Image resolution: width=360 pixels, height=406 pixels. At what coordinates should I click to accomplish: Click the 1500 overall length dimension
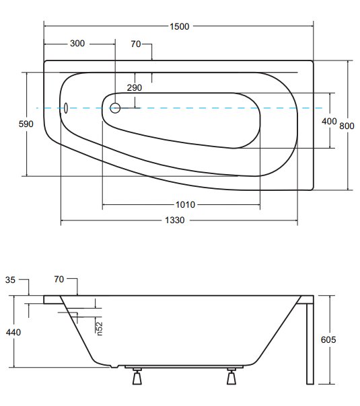tap(180, 26)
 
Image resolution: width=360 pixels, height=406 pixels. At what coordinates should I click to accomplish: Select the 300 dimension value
tap(77, 43)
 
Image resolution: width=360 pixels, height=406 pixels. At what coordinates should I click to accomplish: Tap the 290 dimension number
tap(135, 88)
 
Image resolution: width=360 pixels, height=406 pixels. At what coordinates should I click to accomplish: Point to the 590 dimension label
tap(26, 124)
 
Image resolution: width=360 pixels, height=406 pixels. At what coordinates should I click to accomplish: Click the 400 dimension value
tap(329, 121)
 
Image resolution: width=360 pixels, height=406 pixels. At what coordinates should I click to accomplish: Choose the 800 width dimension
tap(347, 126)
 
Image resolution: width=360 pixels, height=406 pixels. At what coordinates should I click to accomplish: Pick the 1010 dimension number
tap(185, 205)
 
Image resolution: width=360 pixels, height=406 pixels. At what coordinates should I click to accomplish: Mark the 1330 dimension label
tap(175, 220)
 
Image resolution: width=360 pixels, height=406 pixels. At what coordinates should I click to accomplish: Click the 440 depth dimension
tap(13, 332)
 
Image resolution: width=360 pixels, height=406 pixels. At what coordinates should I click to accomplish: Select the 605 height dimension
tap(328, 339)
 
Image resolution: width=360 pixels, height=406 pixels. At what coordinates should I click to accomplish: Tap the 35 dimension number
tap(10, 280)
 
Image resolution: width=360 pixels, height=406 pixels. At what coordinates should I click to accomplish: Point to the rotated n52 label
tap(100, 328)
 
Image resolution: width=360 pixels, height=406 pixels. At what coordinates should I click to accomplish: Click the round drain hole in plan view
tap(115, 108)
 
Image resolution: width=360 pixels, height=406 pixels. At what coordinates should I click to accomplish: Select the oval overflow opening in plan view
tap(66, 108)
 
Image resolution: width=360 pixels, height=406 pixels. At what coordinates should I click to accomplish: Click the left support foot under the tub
tap(137, 376)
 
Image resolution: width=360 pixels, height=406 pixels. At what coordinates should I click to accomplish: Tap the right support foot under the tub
tap(231, 376)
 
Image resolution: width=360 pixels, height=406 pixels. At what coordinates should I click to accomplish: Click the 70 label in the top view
tap(136, 44)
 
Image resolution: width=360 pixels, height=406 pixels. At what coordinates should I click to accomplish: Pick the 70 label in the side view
tap(59, 280)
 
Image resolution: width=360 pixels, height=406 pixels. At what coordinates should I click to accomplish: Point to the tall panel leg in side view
tap(310, 343)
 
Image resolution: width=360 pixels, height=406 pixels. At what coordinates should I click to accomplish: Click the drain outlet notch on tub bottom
tap(114, 366)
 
